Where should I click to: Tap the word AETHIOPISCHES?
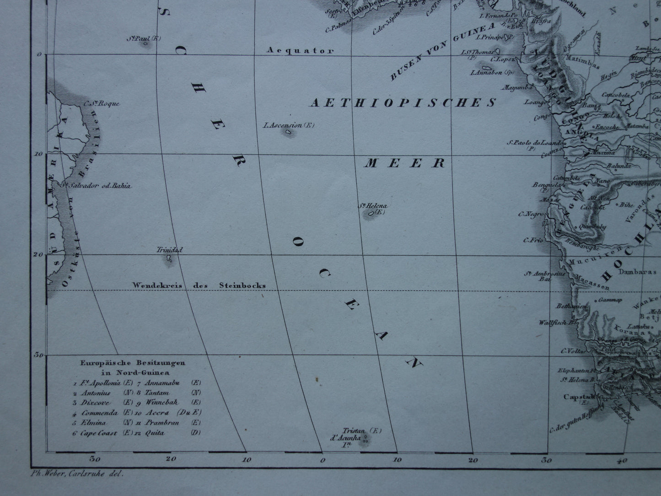point(403,102)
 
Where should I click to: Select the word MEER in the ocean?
point(404,163)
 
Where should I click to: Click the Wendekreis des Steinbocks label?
point(199,285)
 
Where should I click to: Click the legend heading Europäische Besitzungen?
point(133,362)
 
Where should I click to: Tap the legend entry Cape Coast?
point(99,433)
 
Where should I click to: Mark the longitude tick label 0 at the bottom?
point(322,460)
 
